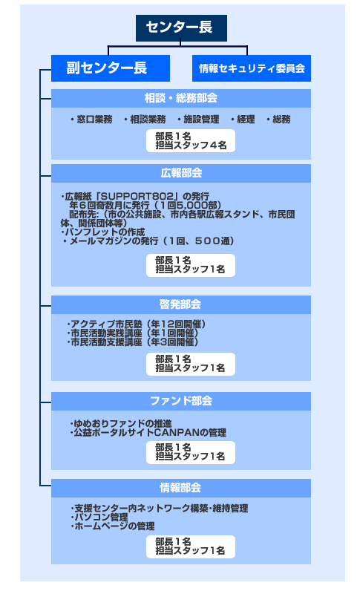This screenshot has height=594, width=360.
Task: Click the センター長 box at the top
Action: pos(181,28)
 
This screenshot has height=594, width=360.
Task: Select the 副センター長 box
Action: pos(110,68)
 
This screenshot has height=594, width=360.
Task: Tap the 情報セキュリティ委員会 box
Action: pos(252,68)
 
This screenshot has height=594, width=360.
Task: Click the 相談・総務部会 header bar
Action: pos(181,98)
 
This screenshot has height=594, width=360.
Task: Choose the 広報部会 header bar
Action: pos(181,173)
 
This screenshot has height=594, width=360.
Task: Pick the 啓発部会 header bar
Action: pos(181,304)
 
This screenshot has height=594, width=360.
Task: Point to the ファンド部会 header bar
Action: pos(181,401)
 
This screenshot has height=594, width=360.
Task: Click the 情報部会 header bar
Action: pos(181,488)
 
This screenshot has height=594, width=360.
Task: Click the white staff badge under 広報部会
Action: pos(191,265)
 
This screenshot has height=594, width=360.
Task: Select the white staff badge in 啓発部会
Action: pos(191,364)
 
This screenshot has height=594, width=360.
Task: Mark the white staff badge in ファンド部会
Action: pos(191,452)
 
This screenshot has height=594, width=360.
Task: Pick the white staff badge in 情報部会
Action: pos(191,546)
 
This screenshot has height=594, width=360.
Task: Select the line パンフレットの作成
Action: pos(102,232)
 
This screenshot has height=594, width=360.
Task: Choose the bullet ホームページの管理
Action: pos(112,526)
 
